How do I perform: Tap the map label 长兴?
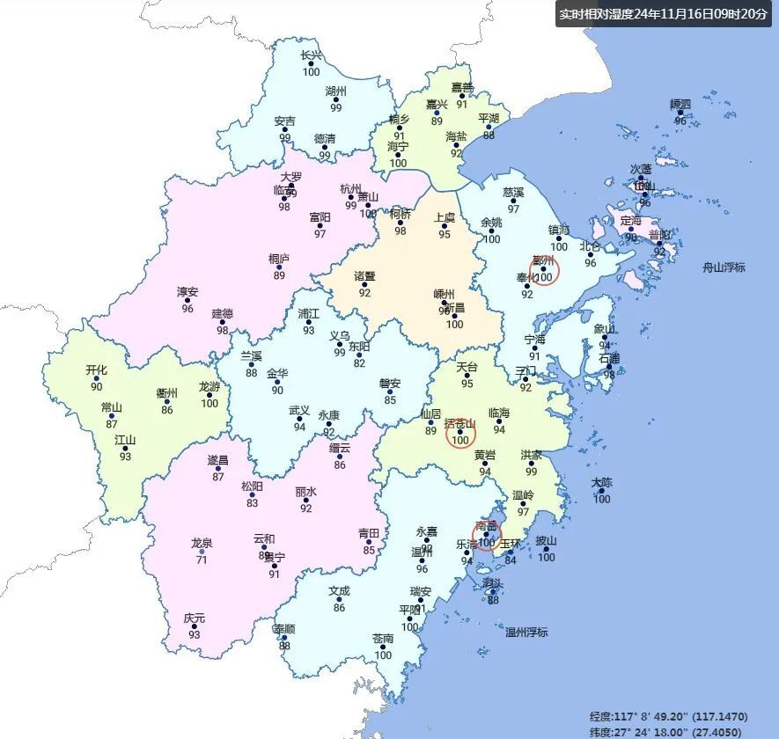pyautogui.click(x=311, y=55)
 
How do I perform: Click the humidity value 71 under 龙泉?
pyautogui.click(x=202, y=560)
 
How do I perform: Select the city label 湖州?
pyautogui.click(x=335, y=91)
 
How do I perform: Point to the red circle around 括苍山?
pyautogui.click(x=460, y=433)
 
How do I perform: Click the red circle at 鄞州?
pyautogui.click(x=544, y=270)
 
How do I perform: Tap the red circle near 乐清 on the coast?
pyautogui.click(x=486, y=534)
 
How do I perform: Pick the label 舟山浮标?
pyautogui.click(x=724, y=267)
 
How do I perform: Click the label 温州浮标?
pyautogui.click(x=526, y=633)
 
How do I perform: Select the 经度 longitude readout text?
pyautogui.click(x=669, y=717)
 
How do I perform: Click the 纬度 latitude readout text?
pyautogui.click(x=669, y=731)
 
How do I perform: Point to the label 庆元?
pyautogui.click(x=194, y=618)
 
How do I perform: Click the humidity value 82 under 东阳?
pyautogui.click(x=358, y=363)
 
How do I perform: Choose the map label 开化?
pyautogui.click(x=96, y=370)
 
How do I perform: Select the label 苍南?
pyautogui.click(x=383, y=639)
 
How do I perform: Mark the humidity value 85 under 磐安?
pyautogui.click(x=390, y=400)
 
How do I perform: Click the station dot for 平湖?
pyautogui.click(x=489, y=127)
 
